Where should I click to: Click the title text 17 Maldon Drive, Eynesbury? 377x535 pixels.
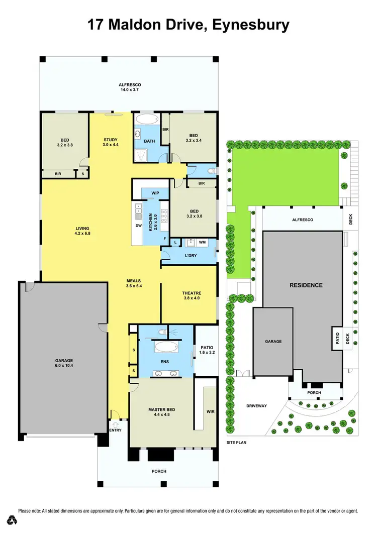pyautogui.click(x=189, y=25)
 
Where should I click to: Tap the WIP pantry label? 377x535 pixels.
pyautogui.click(x=155, y=193)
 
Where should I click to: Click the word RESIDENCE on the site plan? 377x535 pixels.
pyautogui.click(x=306, y=285)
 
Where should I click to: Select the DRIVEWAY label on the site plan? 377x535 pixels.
pyautogui.click(x=256, y=406)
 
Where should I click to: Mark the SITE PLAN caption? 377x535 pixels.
pyautogui.click(x=236, y=443)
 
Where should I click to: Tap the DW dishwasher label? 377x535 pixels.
pyautogui.click(x=139, y=226)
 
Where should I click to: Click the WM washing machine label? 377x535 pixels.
pyautogui.click(x=203, y=243)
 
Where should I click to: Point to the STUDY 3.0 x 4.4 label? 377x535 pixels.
pyautogui.click(x=111, y=142)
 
